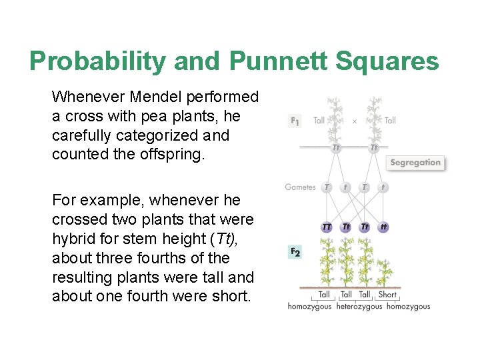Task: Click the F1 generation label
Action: (x=295, y=121)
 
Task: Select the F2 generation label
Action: (x=295, y=252)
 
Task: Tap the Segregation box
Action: (x=415, y=163)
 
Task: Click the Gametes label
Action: (x=300, y=187)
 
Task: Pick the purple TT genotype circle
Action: (x=327, y=227)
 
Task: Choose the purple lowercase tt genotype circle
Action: (x=383, y=227)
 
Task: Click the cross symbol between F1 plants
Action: (x=355, y=121)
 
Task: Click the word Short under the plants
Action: (x=387, y=295)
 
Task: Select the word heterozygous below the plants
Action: (x=359, y=307)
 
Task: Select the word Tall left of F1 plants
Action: (x=319, y=121)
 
